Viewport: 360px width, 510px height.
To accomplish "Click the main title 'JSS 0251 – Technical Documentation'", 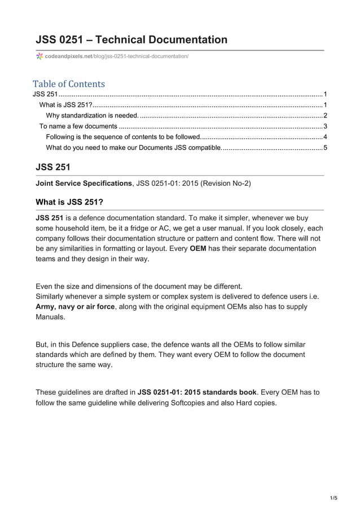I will click(x=131, y=40).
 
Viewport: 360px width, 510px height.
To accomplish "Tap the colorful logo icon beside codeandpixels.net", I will click(x=39, y=56).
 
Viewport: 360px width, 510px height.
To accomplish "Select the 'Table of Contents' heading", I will click(x=69, y=84).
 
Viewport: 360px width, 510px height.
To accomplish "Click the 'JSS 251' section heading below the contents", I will click(x=53, y=167).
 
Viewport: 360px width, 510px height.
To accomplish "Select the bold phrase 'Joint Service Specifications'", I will click(x=84, y=184).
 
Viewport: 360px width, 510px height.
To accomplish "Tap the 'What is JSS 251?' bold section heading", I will click(x=69, y=202).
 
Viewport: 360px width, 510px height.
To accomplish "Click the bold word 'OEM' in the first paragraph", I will click(x=197, y=249).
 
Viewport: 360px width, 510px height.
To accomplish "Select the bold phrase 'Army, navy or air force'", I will click(x=75, y=307).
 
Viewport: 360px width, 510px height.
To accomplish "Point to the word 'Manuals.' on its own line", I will click(x=50, y=317).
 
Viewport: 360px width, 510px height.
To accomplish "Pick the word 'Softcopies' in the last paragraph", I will click(x=191, y=403).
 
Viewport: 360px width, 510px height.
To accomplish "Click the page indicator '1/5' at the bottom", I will click(x=333, y=498).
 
